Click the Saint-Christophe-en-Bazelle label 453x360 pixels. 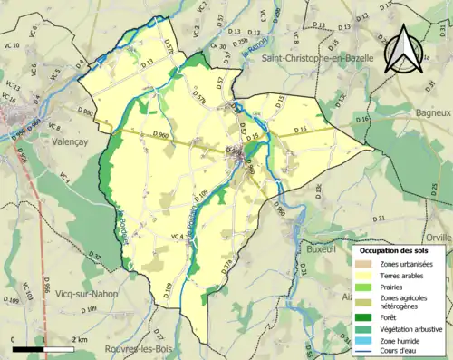click(x=314, y=58)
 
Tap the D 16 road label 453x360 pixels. click(x=301, y=132)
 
